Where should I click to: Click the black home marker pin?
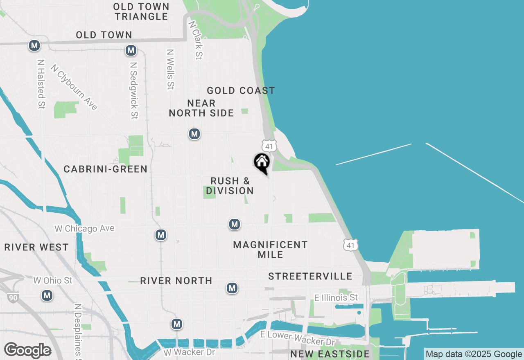tap(262, 163)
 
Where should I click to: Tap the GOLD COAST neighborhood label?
tap(241, 90)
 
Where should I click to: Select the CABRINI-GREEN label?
tap(106, 169)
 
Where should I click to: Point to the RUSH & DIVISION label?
tap(230, 186)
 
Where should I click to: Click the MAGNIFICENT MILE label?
tap(270, 250)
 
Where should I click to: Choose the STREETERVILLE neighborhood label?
tap(310, 277)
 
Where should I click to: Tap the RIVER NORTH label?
tap(176, 281)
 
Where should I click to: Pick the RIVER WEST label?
tap(36, 248)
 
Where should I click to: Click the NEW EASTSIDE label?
tap(330, 354)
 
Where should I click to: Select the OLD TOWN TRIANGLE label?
tap(141, 11)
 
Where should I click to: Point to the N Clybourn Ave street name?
tap(74, 87)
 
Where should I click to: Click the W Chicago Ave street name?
tap(85, 228)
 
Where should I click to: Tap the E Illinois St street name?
tap(336, 297)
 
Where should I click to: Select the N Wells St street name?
tap(170, 70)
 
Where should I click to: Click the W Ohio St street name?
tap(53, 281)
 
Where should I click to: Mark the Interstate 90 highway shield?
tap(13, 297)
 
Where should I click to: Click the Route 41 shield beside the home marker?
tap(269, 146)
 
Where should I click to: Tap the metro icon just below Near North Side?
tap(194, 134)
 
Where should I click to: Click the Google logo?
tap(27, 350)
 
